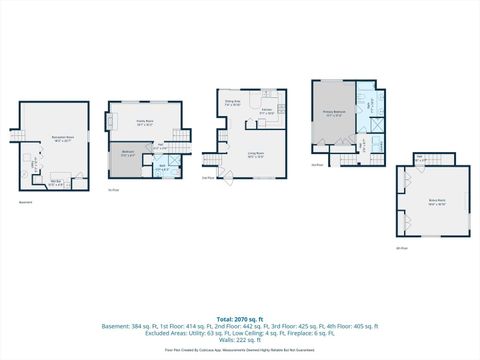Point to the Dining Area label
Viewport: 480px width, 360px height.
pyautogui.click(x=230, y=102)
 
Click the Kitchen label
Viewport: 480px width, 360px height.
pyautogui.click(x=267, y=113)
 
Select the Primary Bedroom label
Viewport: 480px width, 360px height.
pyautogui.click(x=334, y=114)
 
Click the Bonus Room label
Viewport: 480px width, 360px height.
pyautogui.click(x=436, y=200)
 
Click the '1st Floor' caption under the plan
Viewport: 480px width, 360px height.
pyautogui.click(x=113, y=190)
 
